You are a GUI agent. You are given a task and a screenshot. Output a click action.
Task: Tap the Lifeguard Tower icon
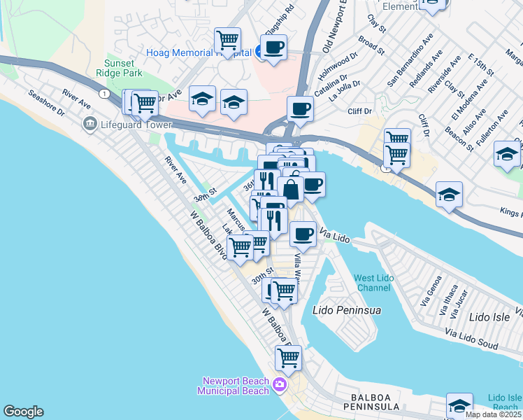[x=89, y=125]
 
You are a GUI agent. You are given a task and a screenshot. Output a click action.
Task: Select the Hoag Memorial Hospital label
[x=199, y=52]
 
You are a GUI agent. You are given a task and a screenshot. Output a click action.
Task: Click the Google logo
[x=23, y=412]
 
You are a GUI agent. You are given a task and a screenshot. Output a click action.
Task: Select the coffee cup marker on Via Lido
[x=303, y=234]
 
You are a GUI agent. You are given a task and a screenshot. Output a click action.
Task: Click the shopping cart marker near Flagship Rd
[x=227, y=41]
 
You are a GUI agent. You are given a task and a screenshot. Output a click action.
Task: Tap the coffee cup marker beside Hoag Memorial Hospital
[x=273, y=48]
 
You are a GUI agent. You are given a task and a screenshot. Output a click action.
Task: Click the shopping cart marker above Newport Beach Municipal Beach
[x=288, y=358]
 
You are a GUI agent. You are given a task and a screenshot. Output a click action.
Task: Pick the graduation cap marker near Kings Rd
[x=448, y=195]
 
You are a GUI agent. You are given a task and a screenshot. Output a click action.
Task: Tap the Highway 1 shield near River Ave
[x=103, y=93]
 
